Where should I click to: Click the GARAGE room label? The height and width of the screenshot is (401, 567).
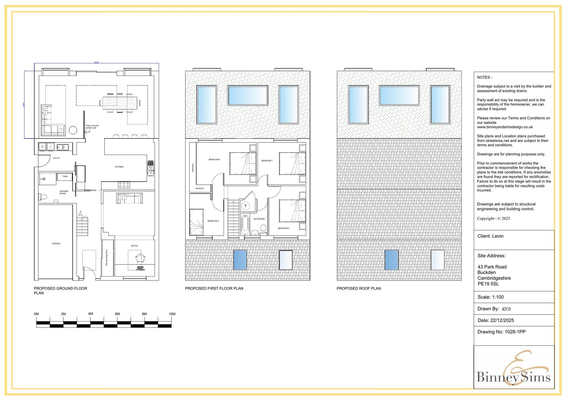[56, 244]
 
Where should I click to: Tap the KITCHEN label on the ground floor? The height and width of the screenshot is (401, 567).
[119, 167]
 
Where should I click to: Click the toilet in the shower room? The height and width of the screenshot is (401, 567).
[43, 196]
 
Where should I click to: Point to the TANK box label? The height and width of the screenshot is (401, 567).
[65, 176]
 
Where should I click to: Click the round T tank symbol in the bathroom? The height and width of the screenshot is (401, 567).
[245, 206]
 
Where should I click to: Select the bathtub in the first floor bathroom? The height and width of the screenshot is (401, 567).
[245, 224]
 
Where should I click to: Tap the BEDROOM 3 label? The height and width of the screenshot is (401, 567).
[213, 221]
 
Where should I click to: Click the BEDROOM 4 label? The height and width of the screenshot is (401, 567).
[214, 160]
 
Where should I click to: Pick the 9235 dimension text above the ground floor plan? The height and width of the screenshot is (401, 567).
[96, 62]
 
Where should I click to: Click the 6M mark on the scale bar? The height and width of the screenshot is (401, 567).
[117, 314]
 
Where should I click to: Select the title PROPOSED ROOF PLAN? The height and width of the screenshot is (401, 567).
[359, 288]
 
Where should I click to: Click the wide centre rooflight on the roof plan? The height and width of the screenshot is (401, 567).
[399, 96]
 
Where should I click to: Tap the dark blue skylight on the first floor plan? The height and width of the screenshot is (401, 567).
[240, 260]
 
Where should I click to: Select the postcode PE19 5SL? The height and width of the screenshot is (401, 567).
[488, 284]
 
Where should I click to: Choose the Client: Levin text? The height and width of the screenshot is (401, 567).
[490, 236]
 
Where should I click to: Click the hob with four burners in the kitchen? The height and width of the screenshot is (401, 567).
[124, 184]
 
